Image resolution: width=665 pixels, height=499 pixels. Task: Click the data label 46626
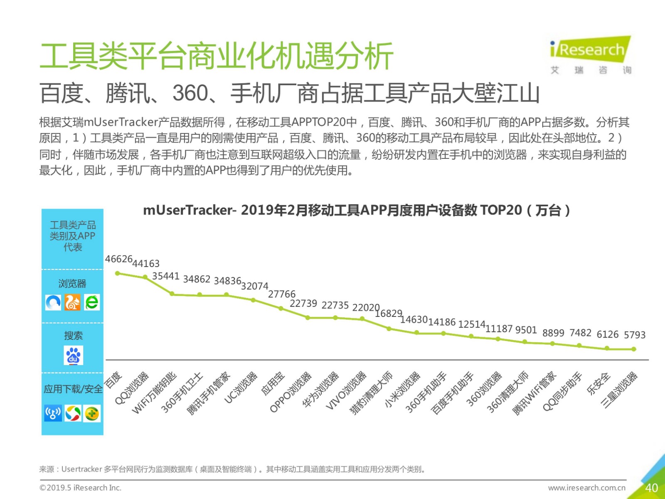pos(118,259)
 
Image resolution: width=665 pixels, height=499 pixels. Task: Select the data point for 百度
pos(118,273)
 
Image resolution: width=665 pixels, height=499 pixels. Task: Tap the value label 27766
pos(281,294)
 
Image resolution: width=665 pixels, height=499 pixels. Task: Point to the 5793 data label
pos(634,335)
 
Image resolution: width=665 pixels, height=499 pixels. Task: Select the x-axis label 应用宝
pos(273,383)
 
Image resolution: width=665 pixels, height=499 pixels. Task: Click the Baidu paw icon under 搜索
pos(74,356)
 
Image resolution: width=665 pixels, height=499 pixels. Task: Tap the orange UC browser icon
pos(72,302)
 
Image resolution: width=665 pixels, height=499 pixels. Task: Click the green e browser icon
pos(92,302)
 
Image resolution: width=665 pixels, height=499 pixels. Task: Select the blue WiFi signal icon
pos(53,413)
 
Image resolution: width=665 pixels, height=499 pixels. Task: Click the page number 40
pos(651,488)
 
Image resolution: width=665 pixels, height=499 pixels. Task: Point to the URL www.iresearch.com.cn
pos(586,488)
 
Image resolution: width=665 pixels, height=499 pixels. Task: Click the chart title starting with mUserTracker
pos(356,210)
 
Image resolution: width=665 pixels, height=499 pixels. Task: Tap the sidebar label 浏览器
pos(72,284)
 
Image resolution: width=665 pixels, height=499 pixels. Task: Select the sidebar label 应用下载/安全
pos(73,389)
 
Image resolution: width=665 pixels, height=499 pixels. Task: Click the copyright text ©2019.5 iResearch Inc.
pos(80,488)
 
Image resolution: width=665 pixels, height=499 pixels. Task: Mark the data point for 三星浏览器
pos(634,349)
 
